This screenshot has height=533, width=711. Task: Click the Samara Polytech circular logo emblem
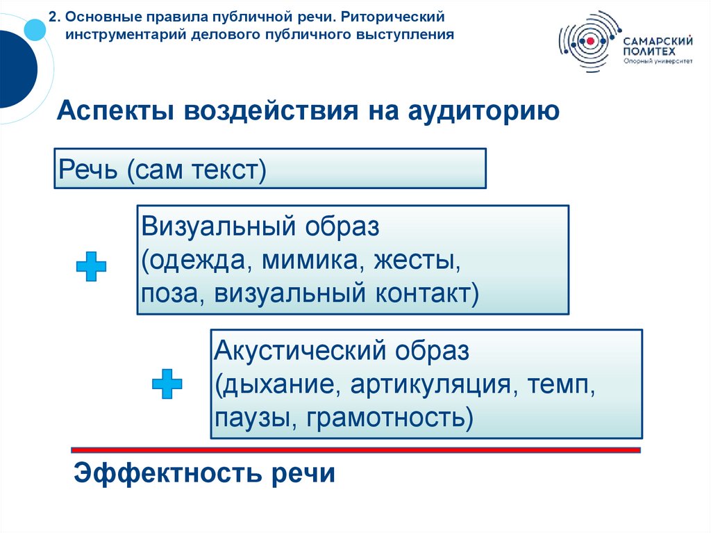[589, 42]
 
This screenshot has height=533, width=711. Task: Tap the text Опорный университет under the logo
[658, 61]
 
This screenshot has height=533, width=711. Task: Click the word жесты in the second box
[419, 261]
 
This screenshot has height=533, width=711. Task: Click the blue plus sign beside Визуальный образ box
[91, 266]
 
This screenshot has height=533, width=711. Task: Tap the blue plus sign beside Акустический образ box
[167, 384]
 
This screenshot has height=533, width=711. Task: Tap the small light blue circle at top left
[35, 28]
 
